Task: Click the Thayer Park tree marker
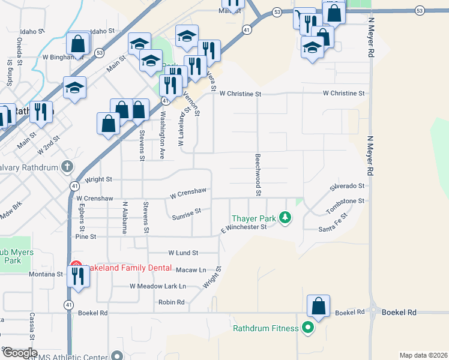[x=286, y=218]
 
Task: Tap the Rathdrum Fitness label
[x=266, y=328]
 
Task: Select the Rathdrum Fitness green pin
[x=308, y=328]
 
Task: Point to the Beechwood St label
[x=258, y=174]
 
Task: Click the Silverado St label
[x=347, y=187]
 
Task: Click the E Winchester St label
[x=243, y=227]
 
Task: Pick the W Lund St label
[x=183, y=253]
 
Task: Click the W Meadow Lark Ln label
[x=158, y=286]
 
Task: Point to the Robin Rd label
[x=172, y=302]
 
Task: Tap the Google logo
[x=20, y=353]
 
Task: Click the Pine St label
[x=86, y=237]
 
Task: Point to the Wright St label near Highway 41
[x=98, y=179]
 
